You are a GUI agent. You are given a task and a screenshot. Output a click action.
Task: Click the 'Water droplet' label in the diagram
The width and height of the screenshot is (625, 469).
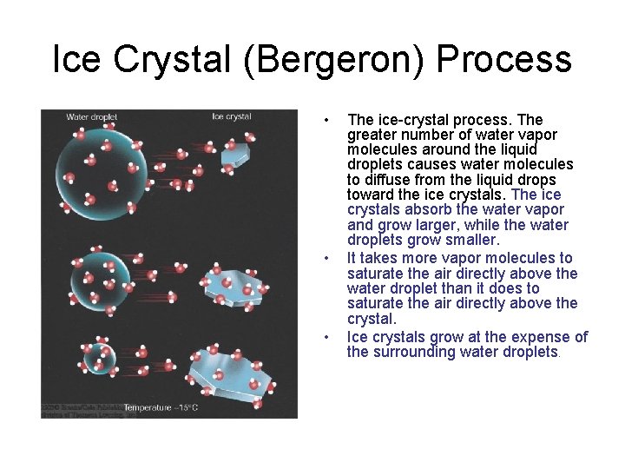point(91,116)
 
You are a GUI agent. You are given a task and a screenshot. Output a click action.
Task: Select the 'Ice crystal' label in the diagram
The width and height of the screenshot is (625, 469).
point(232,116)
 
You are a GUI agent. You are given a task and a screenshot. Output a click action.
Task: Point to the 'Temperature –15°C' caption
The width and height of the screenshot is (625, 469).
point(161,407)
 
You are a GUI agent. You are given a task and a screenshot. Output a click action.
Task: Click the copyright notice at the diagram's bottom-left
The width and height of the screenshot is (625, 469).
point(78,410)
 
